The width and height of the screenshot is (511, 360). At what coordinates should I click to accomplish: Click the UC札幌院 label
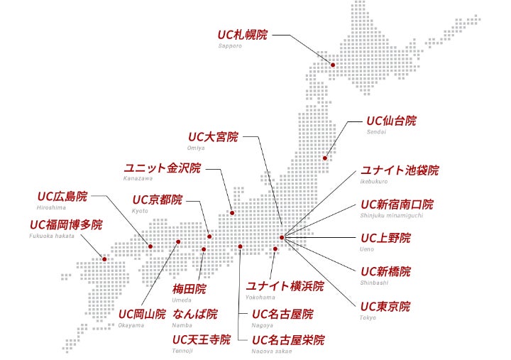tap(243, 33)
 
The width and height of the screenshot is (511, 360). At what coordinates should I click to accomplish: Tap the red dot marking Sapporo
tap(333, 65)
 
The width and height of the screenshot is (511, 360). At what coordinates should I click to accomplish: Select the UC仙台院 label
tap(391, 121)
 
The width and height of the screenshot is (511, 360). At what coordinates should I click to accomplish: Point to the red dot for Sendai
tap(325, 158)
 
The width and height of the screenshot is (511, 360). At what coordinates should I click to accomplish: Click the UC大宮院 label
tap(213, 136)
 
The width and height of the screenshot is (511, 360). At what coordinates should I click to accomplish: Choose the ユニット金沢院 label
tap(163, 168)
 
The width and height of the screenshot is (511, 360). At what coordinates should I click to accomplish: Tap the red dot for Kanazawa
tap(231, 212)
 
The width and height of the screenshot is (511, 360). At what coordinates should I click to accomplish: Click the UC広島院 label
tap(62, 196)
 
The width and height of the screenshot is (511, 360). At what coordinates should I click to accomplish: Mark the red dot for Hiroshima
tap(150, 246)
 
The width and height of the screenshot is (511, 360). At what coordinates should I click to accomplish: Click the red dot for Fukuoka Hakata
tap(104, 259)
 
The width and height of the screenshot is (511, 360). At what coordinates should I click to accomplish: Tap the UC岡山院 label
tap(142, 314)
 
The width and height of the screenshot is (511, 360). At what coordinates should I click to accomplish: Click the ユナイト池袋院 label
tap(400, 170)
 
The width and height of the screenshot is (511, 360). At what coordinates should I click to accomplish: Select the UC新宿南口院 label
tap(407, 204)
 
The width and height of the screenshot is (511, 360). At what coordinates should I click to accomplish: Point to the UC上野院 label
tap(385, 238)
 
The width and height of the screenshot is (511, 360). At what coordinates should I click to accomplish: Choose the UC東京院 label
tap(385, 307)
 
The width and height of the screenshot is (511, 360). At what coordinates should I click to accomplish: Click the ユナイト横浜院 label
tap(285, 286)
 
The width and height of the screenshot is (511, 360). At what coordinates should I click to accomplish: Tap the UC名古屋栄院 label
tap(287, 339)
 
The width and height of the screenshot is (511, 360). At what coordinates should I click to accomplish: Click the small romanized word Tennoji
tap(182, 351)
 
